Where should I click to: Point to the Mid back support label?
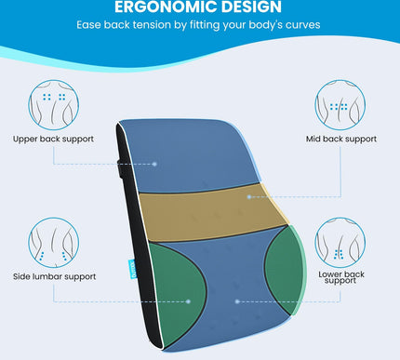tap(341, 140)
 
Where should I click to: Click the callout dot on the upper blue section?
tap(155, 164)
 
